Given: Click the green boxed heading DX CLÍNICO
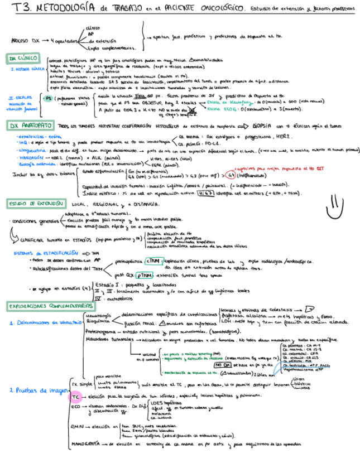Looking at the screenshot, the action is pyautogui.click(x=23, y=59).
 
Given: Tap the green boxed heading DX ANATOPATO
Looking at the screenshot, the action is pyautogui.click(x=30, y=127).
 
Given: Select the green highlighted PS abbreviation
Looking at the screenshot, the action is pyautogui.click(x=49, y=98).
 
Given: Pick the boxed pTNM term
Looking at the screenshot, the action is pyautogui.click(x=144, y=276).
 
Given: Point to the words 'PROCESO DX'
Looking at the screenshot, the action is pyautogui.click(x=27, y=40).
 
